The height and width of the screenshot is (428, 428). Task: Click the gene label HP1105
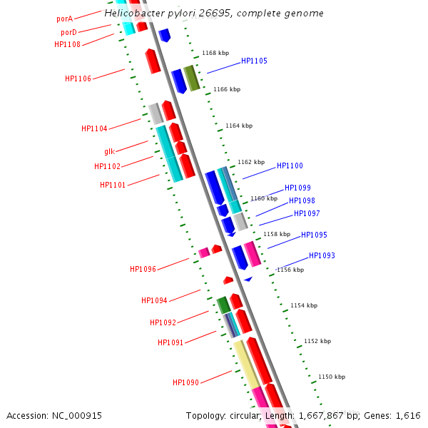tap(254, 61)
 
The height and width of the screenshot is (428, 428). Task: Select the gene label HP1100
tap(290, 166)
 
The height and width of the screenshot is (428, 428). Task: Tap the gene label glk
tap(109, 151)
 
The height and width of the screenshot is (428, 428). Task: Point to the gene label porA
tap(65, 19)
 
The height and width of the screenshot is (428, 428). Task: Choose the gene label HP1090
tap(185, 383)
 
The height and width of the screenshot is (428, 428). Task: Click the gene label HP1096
tap(143, 270)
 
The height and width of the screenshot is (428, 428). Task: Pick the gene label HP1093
tap(322, 256)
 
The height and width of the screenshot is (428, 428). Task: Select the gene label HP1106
tap(78, 79)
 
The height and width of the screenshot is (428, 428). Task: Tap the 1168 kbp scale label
tap(215, 53)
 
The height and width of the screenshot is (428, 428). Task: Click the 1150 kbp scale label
tap(332, 377)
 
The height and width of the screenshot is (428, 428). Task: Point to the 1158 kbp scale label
tap(277, 234)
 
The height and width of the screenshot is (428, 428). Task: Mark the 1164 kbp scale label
tap(239, 126)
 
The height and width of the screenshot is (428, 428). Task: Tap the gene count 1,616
tap(408, 416)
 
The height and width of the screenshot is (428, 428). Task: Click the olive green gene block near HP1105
tap(191, 78)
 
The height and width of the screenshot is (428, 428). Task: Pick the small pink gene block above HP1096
tap(204, 253)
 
